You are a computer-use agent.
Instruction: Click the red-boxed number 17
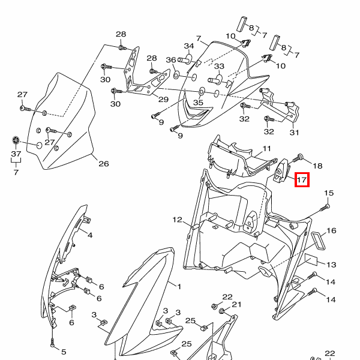coord(302,179)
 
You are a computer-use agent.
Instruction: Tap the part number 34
coord(189,46)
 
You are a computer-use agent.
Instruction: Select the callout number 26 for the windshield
coord(103,163)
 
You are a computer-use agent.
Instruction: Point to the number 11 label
coord(266,148)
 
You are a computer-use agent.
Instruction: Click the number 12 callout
coord(177,220)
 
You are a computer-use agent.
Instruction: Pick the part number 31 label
coord(294,132)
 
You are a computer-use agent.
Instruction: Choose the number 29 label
coord(163,99)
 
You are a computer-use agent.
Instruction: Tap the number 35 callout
coord(198,103)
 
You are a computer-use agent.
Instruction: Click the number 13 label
coord(331,264)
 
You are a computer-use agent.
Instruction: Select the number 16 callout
coord(331,230)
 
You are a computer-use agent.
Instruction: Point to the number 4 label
coord(89,235)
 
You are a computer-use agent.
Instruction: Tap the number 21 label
coord(236,305)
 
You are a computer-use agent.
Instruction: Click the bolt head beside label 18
coord(299,158)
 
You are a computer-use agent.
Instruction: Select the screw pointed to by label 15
coord(325,208)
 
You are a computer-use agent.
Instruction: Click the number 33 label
coord(218,66)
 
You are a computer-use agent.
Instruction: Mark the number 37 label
coord(16,154)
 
